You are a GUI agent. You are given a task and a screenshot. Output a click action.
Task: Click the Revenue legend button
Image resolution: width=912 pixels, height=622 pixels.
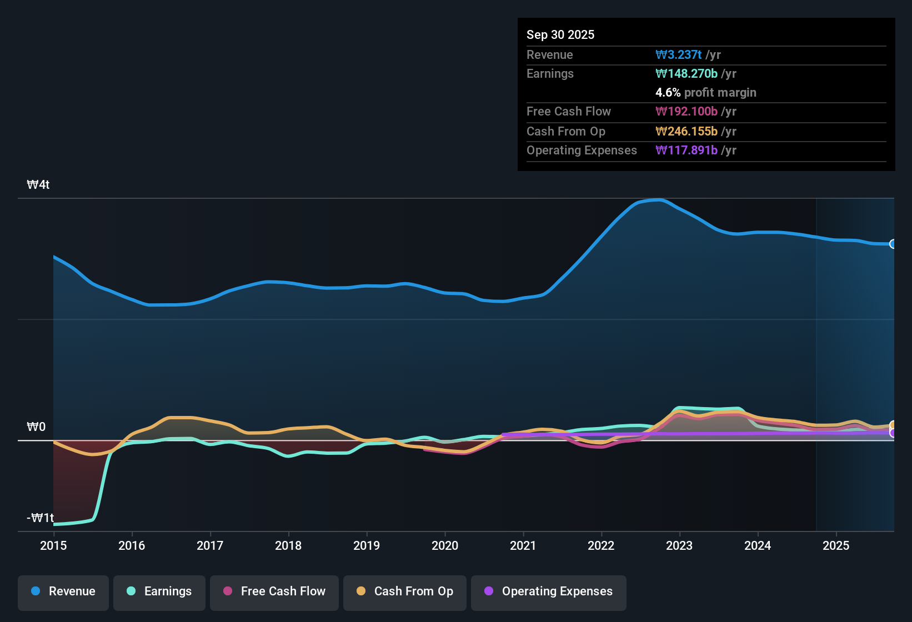coord(63,592)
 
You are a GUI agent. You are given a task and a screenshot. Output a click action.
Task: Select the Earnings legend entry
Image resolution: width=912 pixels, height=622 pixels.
coord(159,592)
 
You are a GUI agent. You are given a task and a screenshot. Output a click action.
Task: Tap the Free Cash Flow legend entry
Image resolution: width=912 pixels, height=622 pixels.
coord(274,592)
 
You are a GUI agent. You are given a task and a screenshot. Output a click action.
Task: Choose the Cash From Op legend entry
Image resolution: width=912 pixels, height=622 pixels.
coord(405,592)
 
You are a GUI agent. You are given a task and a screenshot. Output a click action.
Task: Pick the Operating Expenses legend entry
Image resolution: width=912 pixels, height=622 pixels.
coord(549,592)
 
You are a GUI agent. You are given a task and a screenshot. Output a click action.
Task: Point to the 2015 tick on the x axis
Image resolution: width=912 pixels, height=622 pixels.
coord(53,546)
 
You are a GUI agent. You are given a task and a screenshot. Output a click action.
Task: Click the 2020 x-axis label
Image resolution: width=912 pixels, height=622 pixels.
coord(445,546)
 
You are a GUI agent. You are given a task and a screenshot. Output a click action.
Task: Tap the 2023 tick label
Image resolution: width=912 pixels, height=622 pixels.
coord(679,546)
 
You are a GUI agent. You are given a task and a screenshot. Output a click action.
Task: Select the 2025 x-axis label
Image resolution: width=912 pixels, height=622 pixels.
coord(836,546)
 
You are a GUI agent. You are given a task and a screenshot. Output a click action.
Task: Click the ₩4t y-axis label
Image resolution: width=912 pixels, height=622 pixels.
coord(38,185)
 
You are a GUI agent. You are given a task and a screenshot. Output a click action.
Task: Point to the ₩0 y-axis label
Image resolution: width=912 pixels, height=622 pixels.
coord(36,427)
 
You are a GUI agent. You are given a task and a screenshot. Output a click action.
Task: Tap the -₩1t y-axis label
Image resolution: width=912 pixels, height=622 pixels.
coord(40,518)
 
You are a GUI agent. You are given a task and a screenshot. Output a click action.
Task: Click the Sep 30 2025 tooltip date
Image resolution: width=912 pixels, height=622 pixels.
coord(560,35)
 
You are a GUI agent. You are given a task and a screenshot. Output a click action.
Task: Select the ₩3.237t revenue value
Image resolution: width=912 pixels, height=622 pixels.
coord(679,55)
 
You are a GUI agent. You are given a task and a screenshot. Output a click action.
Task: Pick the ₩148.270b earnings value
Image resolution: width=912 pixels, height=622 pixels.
coord(686,74)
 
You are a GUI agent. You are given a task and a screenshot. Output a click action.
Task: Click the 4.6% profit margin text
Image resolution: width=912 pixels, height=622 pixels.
coord(706,93)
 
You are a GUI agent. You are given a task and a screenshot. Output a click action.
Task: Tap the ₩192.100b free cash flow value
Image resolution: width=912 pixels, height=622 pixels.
coord(686,112)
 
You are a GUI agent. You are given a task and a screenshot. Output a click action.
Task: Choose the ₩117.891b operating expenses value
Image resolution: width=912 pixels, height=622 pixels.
coord(686,151)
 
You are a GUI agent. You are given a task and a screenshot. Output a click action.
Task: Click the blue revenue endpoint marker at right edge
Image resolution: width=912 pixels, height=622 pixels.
coord(893,244)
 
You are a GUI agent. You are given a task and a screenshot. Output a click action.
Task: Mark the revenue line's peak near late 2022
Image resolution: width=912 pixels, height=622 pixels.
coord(658,200)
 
